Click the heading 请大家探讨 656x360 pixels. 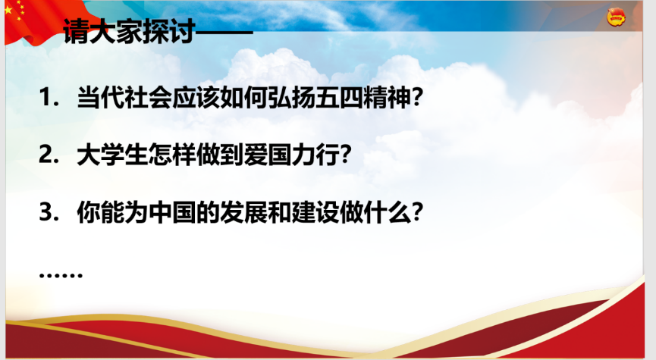pyautogui.click(x=129, y=31)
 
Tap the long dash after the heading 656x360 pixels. pyautogui.click(x=224, y=32)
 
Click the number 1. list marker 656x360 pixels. pyautogui.click(x=49, y=97)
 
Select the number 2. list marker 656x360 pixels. pyautogui.click(x=49, y=155)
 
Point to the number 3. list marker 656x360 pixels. pyautogui.click(x=49, y=212)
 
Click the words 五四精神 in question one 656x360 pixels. pyautogui.click(x=363, y=97)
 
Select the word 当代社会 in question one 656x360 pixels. pyautogui.click(x=124, y=97)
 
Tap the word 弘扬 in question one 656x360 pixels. pyautogui.click(x=292, y=97)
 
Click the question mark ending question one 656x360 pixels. pyautogui.click(x=418, y=97)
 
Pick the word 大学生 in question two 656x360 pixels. pyautogui.click(x=112, y=155)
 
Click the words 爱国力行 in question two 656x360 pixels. pyautogui.click(x=292, y=155)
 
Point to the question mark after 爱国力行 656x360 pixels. pyautogui.click(x=346, y=155)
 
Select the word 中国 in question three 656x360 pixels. pyautogui.click(x=172, y=212)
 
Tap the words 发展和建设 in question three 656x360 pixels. pyautogui.click(x=280, y=212)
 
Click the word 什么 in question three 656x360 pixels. pyautogui.click(x=388, y=212)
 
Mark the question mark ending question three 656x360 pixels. pyautogui.click(x=418, y=212)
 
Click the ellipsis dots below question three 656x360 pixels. pyautogui.click(x=61, y=275)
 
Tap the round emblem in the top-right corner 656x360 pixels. pyautogui.click(x=617, y=18)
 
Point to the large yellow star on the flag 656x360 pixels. pyautogui.click(x=8, y=10)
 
